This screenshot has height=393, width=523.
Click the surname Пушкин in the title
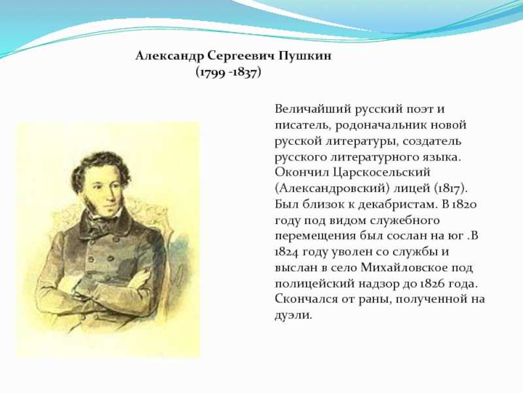click(305, 56)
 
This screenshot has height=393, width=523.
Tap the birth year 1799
click(212, 73)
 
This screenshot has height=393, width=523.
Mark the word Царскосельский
click(382, 173)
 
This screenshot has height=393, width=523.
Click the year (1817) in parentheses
click(451, 189)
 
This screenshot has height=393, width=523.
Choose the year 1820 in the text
click(464, 204)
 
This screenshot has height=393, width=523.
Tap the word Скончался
click(306, 299)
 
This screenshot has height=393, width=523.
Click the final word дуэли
click(293, 315)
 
